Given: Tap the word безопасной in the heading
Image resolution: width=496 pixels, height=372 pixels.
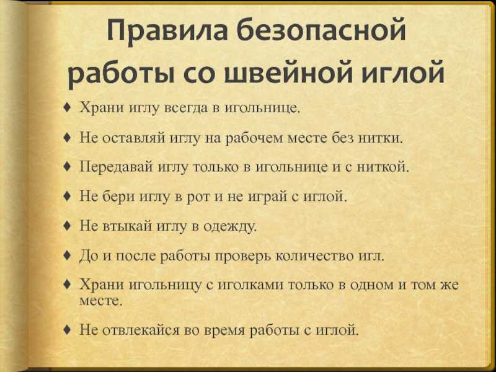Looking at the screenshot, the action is click(321, 30).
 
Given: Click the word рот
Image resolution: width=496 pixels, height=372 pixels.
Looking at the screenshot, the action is click(199, 197).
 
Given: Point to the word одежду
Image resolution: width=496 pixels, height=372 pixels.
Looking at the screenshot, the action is click(229, 226).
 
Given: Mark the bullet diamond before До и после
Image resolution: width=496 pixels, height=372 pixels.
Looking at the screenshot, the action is click(67, 255).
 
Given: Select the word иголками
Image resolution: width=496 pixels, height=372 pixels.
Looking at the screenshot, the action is click(252, 285).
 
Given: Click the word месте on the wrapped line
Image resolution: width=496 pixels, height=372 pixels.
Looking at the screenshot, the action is click(100, 300).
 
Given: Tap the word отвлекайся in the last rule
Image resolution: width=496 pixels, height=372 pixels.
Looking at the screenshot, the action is click(143, 330).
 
